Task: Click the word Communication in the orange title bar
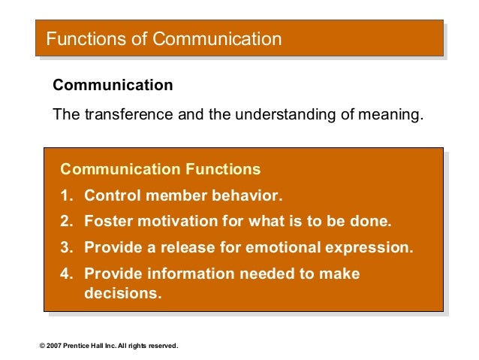pos(217,39)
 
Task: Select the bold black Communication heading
pos(113,86)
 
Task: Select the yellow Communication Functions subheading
pos(160,169)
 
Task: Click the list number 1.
pos(66,196)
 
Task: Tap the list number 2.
pos(66,222)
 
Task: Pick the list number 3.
pos(66,247)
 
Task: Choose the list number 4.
pos(66,274)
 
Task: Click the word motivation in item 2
pos(176,222)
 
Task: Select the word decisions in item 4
pos(122,293)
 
